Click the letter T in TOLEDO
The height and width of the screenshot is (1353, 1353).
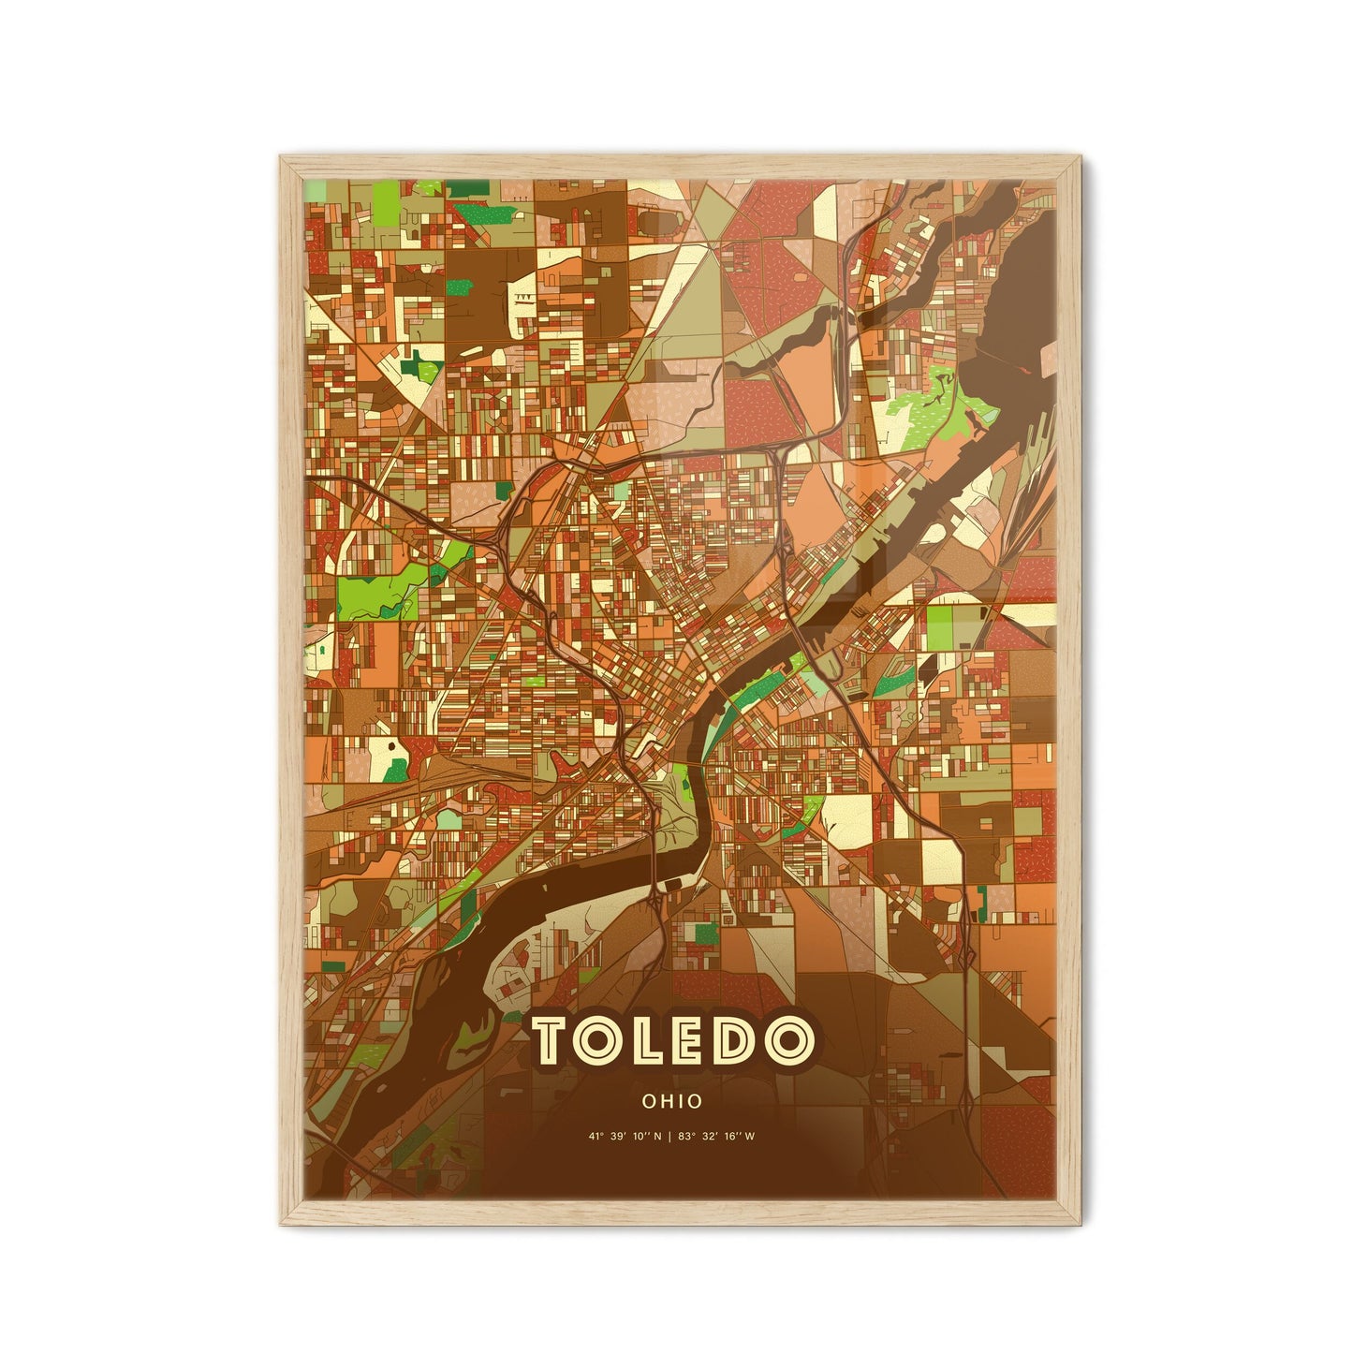(x=551, y=1041)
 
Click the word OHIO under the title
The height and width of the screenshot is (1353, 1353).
(x=672, y=1102)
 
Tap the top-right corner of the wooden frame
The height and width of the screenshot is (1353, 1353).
(x=1080, y=158)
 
